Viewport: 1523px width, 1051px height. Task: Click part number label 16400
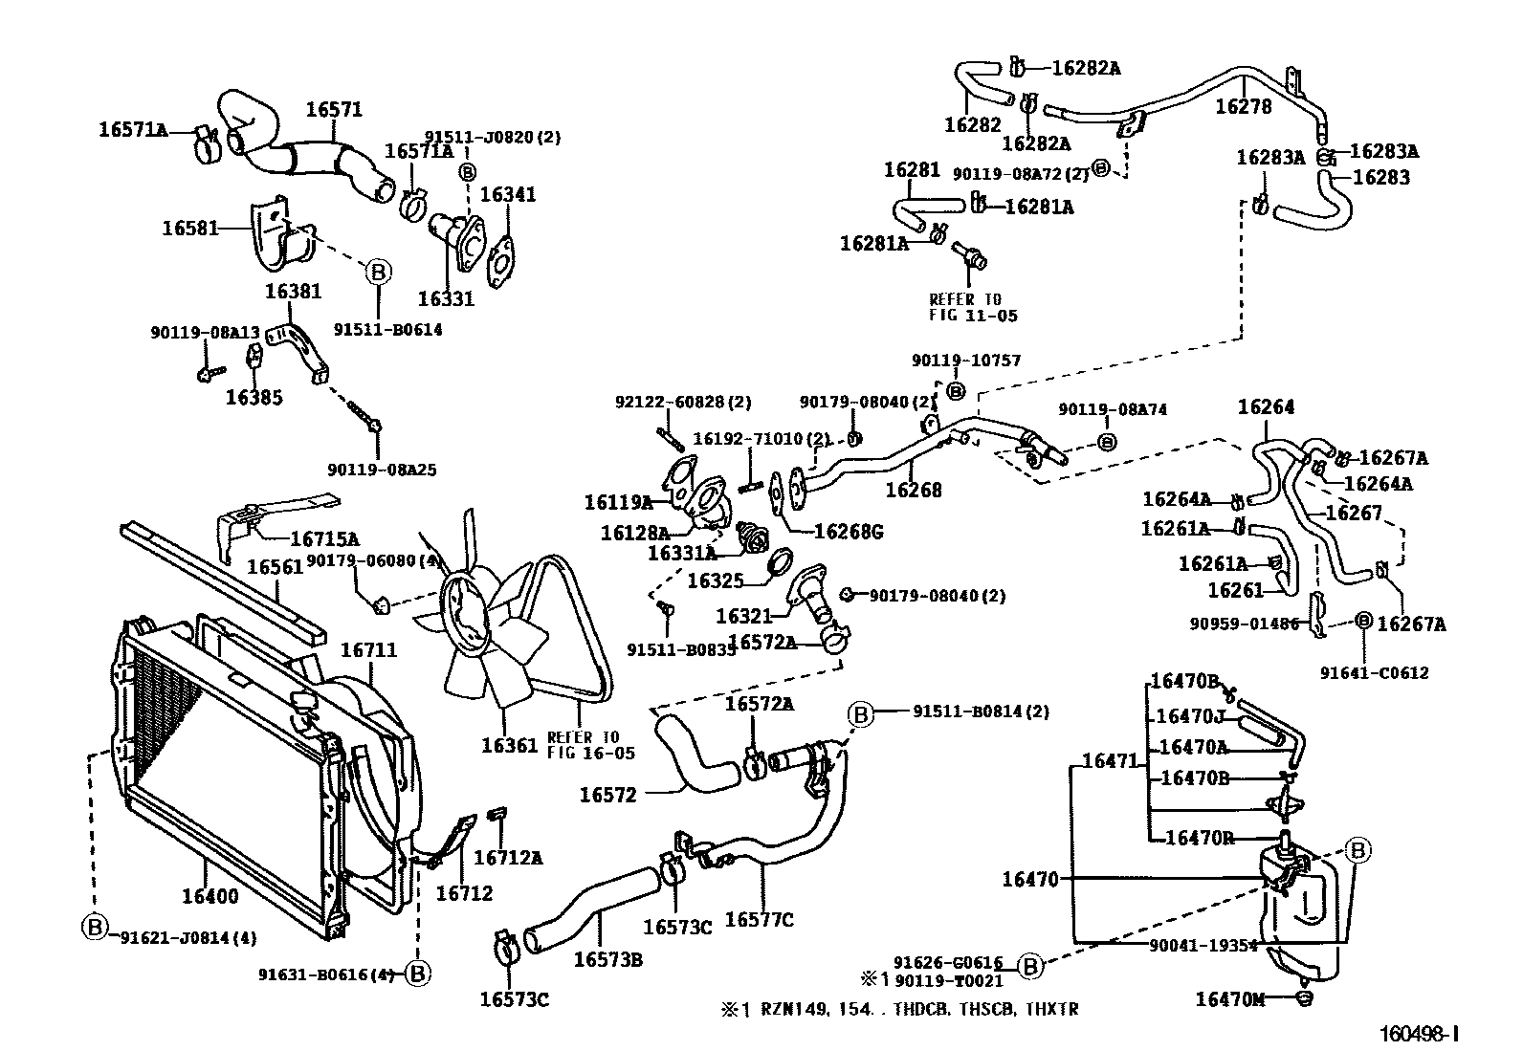click(210, 897)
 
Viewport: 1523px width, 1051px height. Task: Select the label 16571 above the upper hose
click(334, 110)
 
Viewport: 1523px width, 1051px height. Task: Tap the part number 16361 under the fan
click(509, 745)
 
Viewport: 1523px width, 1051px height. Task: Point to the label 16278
click(1244, 106)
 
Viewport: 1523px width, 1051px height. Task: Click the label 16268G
click(848, 532)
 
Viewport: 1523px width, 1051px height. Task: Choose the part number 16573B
click(607, 958)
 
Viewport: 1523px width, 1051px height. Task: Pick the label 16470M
click(1229, 999)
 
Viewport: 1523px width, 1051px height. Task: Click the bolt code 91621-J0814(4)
click(188, 938)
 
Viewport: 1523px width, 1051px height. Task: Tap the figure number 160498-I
click(1419, 1034)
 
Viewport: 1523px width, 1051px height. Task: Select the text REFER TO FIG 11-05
click(965, 307)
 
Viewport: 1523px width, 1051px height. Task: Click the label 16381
click(293, 292)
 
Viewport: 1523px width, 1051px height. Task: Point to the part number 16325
click(716, 580)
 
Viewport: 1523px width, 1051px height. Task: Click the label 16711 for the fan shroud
click(369, 650)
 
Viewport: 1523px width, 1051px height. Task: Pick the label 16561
click(276, 567)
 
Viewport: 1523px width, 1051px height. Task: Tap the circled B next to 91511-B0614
click(377, 272)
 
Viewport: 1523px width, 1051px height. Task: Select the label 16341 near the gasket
click(508, 195)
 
